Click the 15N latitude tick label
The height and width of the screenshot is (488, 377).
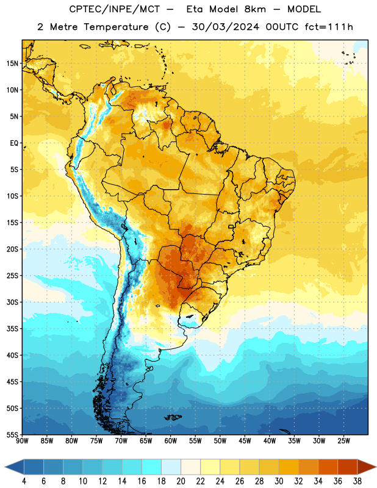[x=12, y=63]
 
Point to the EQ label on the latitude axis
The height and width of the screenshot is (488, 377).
[x=14, y=143]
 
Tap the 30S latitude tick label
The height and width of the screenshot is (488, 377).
[x=12, y=302]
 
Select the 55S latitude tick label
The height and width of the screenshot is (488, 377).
[x=12, y=435]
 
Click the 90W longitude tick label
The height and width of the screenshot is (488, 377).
[x=22, y=441]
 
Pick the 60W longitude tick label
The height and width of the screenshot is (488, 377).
[x=171, y=441]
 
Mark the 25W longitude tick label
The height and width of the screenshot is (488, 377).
[x=343, y=441]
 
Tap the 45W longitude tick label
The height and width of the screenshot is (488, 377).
[x=245, y=441]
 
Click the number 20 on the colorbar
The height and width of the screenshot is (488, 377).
[x=181, y=481]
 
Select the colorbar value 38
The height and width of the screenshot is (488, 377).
[x=357, y=481]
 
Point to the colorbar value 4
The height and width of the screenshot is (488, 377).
[x=24, y=481]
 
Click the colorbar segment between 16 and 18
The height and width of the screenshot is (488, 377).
[x=152, y=467]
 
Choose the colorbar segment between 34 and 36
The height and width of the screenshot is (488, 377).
[x=328, y=467]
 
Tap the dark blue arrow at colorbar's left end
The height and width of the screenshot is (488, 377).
[x=14, y=467]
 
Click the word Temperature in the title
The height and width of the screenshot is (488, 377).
[x=116, y=27]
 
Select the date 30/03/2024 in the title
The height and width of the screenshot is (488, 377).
[x=225, y=27]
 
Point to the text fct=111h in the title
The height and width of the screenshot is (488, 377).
[x=329, y=27]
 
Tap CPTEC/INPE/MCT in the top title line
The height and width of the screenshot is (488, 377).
[x=115, y=9]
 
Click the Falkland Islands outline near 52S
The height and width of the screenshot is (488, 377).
[x=173, y=417]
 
